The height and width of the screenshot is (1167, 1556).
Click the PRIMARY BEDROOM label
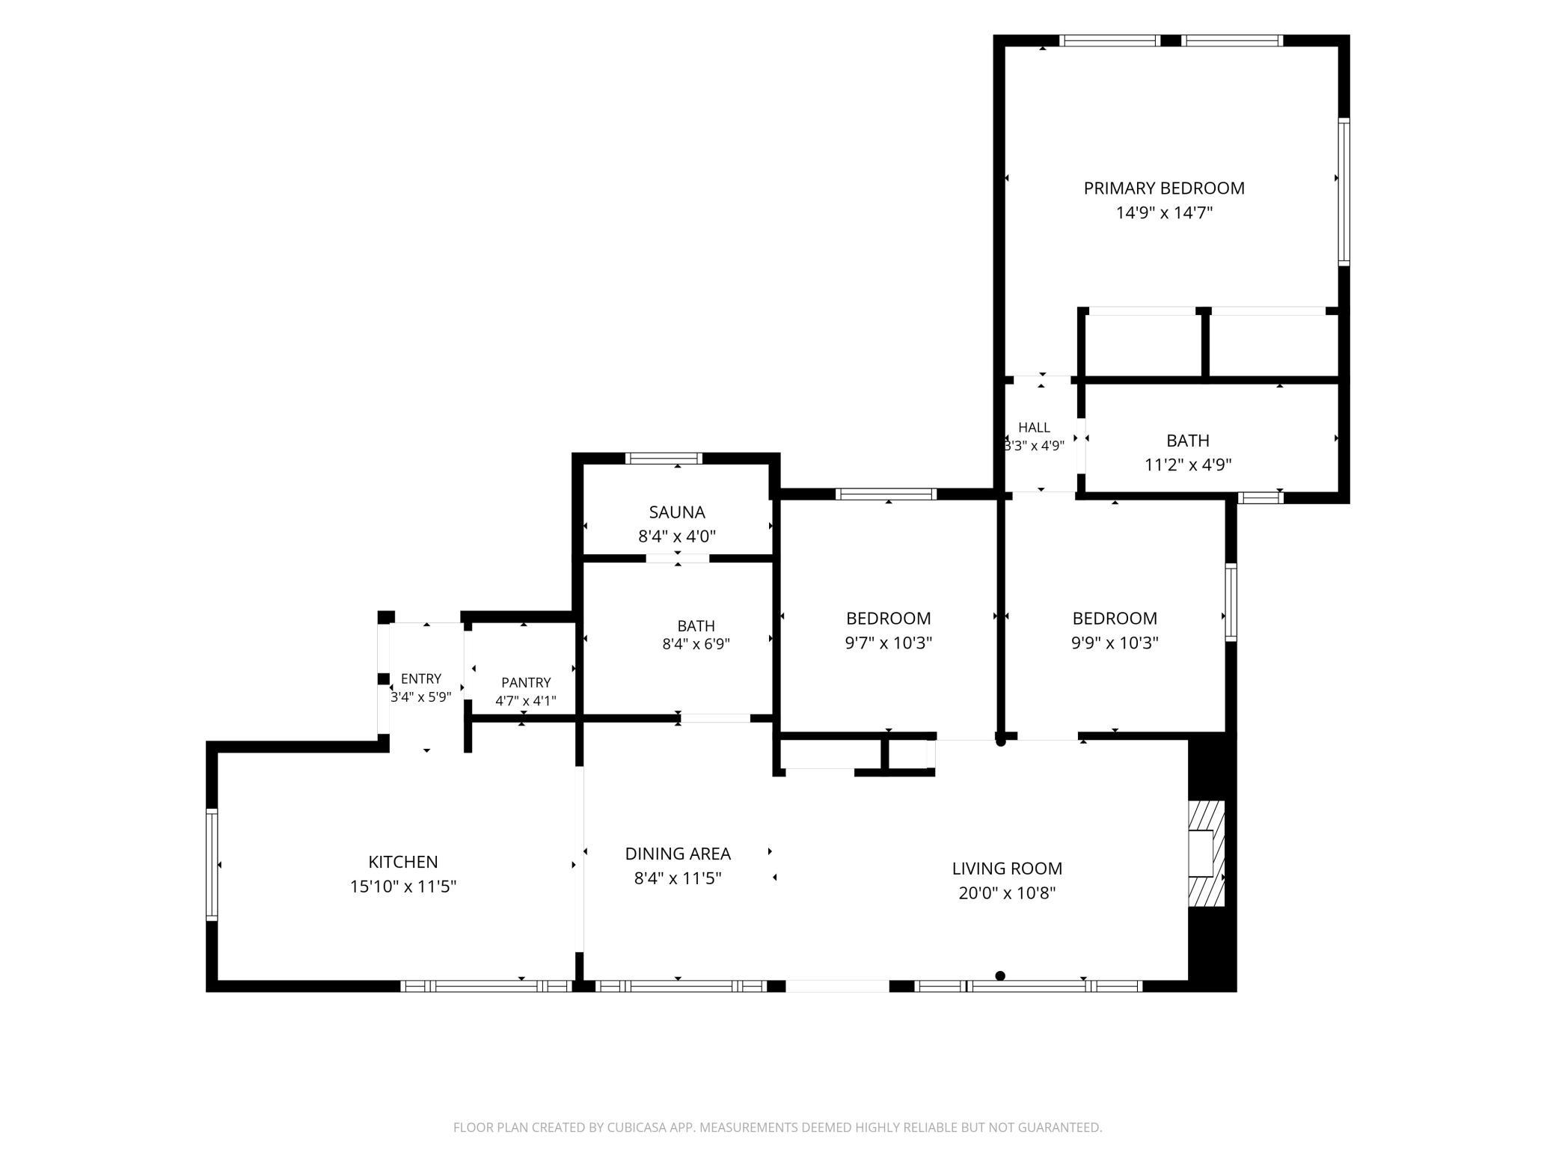(x=1164, y=189)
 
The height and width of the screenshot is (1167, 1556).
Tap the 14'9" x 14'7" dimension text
(x=1164, y=213)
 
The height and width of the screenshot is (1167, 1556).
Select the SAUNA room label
(x=677, y=512)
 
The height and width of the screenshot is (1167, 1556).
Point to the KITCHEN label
(x=403, y=862)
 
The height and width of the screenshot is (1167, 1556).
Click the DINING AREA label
(x=678, y=854)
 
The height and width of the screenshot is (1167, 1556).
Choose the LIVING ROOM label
(x=1007, y=869)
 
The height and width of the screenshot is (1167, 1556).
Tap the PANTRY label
(x=526, y=682)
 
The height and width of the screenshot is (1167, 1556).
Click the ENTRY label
(x=421, y=679)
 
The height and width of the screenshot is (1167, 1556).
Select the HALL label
(x=1034, y=427)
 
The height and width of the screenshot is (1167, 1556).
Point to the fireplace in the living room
(x=1207, y=854)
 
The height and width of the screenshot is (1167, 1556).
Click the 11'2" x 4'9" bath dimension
(x=1188, y=465)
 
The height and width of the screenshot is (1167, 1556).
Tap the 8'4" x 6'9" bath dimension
(x=696, y=644)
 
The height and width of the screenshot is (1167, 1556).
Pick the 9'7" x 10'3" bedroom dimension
(x=889, y=643)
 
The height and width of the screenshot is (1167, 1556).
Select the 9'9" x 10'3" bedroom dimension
(x=1115, y=643)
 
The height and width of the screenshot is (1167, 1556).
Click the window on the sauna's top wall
(x=664, y=459)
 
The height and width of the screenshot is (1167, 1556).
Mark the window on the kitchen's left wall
(x=212, y=865)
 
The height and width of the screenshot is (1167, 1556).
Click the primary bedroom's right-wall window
(x=1344, y=192)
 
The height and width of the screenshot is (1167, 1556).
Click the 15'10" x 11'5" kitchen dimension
(x=403, y=887)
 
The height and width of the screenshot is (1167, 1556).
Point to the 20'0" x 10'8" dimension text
(x=1007, y=893)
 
